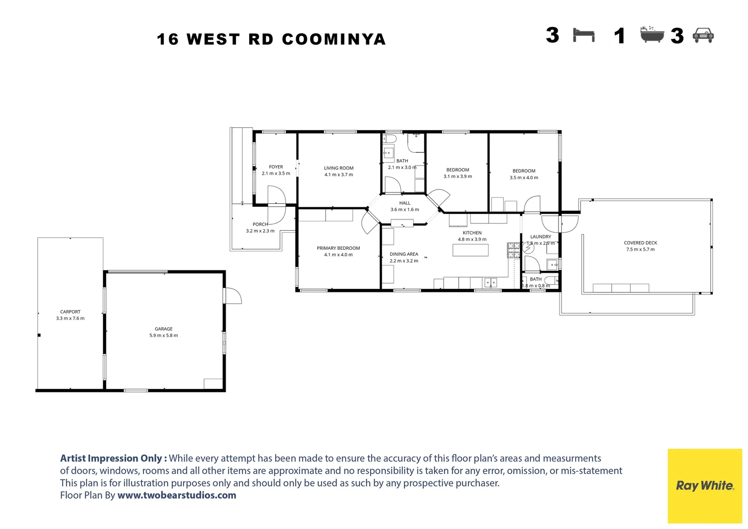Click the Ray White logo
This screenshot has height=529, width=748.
(704, 485)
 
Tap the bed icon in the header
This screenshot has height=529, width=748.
(584, 35)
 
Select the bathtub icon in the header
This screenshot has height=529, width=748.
(652, 35)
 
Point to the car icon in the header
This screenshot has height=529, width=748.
(703, 35)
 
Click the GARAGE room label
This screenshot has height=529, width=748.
(164, 329)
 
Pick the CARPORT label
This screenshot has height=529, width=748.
(70, 312)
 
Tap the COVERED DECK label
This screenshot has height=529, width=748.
(640, 242)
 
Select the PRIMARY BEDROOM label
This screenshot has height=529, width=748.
(338, 248)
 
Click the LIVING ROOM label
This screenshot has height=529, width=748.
(338, 168)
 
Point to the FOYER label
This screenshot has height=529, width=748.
(276, 167)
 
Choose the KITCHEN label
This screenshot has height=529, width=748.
(472, 233)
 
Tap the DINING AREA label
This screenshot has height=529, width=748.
(404, 254)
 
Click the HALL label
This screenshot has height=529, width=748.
(404, 203)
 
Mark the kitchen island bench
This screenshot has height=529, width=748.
(470, 250)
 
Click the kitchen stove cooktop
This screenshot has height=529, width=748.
(514, 250)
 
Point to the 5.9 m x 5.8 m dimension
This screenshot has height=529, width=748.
(164, 336)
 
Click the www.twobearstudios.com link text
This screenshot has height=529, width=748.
(177, 495)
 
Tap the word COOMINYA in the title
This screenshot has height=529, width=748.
(334, 39)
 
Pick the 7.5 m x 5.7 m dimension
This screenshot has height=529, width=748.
(640, 249)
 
